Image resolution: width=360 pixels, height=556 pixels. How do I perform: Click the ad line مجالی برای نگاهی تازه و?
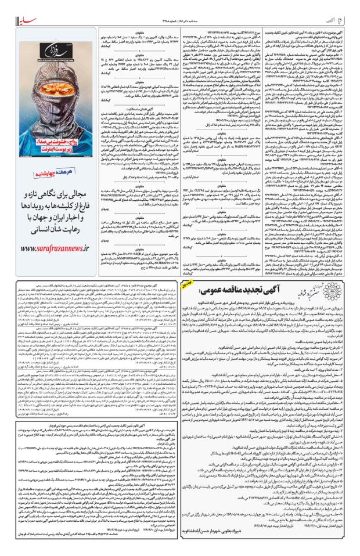tap(53, 193)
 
